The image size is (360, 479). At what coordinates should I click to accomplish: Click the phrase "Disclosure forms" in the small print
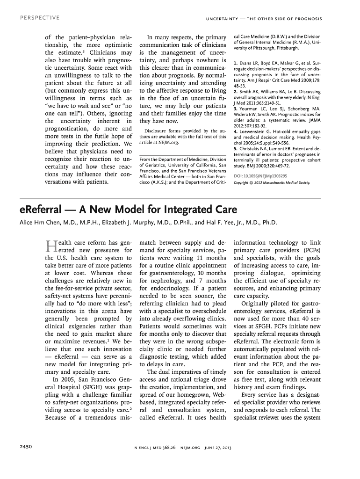[162, 131]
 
